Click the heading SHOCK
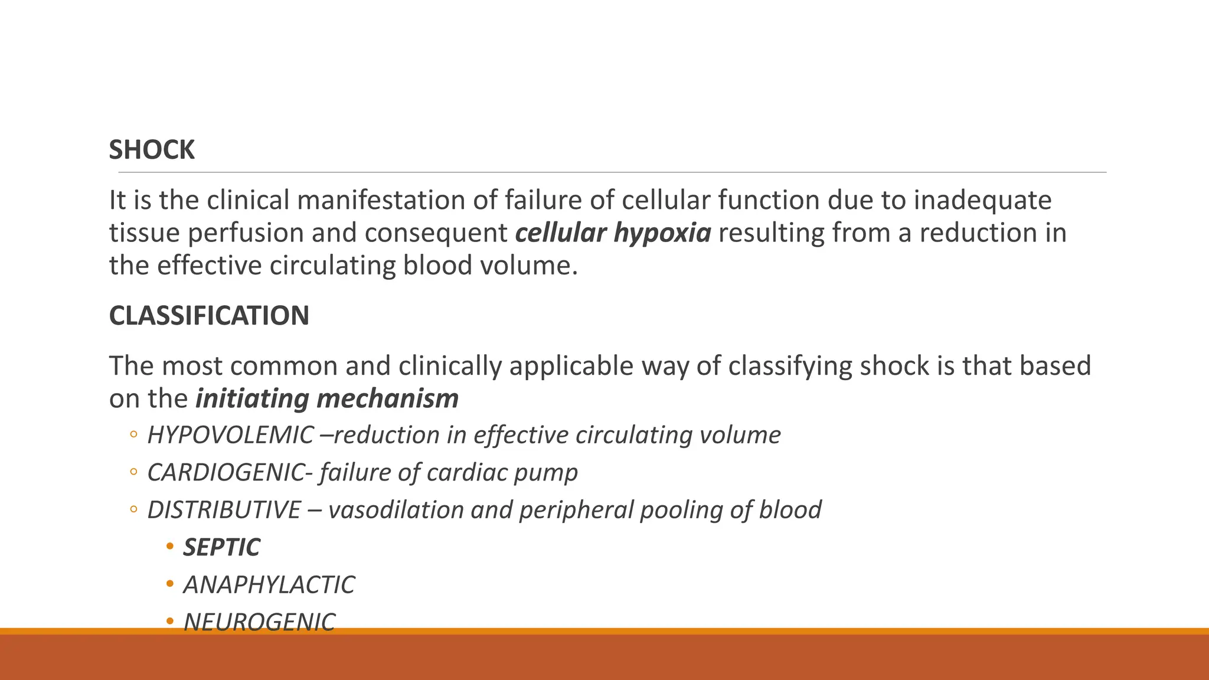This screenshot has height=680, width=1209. (152, 150)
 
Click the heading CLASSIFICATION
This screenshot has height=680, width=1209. (209, 316)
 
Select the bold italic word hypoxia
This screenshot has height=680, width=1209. (662, 233)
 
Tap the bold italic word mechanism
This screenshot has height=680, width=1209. (387, 398)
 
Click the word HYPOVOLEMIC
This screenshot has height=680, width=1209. (230, 435)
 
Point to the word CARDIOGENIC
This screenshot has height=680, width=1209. (226, 472)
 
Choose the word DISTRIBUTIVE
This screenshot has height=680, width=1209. (224, 510)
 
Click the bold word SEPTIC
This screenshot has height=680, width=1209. (221, 547)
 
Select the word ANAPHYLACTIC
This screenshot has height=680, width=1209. (269, 585)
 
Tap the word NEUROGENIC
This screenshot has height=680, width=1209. (259, 622)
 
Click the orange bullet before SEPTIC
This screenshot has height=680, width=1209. (170, 547)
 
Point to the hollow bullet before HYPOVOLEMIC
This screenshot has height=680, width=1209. (133, 435)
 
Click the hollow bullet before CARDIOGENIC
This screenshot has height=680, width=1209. (133, 472)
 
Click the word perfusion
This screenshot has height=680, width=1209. (246, 233)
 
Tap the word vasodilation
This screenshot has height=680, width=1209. (396, 510)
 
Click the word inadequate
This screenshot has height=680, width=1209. (982, 201)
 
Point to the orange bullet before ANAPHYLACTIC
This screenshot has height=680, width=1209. (170, 584)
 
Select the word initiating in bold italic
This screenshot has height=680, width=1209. (253, 398)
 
